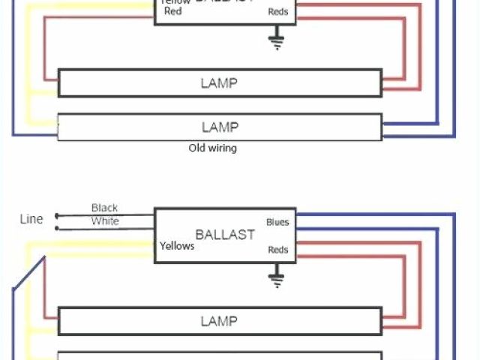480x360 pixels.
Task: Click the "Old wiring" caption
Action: coord(212,148)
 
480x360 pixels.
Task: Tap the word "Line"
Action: coord(31,219)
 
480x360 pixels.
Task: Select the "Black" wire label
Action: coord(104,208)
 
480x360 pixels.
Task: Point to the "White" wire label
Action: coord(104,221)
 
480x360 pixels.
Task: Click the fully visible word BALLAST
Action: coord(225,234)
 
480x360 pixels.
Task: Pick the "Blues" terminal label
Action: coord(277,222)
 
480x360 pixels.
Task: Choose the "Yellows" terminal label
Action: coord(177,246)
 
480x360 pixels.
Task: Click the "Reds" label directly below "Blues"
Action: coord(277,250)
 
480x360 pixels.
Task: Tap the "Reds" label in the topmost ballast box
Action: coord(277,12)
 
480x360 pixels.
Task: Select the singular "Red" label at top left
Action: coord(172,12)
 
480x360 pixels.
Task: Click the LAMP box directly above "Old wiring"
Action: coord(220,126)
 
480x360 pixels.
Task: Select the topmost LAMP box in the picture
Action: coord(220,82)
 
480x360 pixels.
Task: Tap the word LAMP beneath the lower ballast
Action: coord(219,321)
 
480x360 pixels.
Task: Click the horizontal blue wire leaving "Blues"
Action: coord(375,215)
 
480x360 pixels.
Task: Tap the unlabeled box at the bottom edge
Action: coord(220,355)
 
